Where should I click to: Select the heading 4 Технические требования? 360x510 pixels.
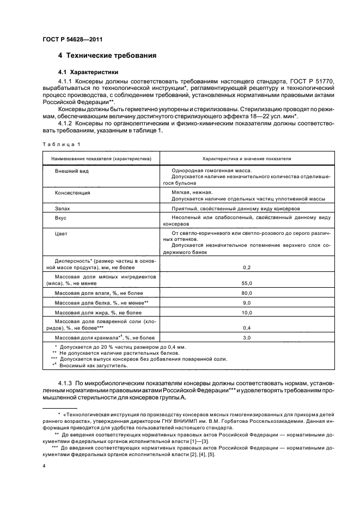point(107,56)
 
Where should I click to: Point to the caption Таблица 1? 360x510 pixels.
point(61,144)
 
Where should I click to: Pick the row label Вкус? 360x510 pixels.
point(61,218)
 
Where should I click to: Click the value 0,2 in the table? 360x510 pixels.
point(246,268)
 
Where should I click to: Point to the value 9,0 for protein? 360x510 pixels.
point(246,303)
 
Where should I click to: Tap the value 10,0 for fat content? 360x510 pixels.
point(246,313)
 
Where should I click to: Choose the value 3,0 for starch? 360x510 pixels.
point(246,338)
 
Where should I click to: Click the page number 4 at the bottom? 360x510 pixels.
point(44,466)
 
